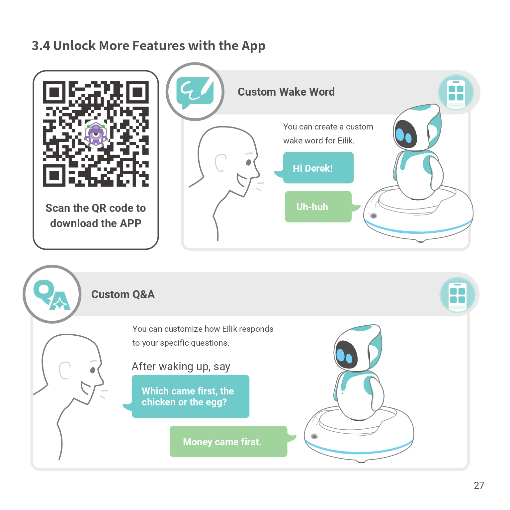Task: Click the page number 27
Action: (479, 485)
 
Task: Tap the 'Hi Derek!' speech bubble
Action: (318, 168)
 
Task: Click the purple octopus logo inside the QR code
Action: (96, 134)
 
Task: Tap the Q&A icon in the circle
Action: (52, 294)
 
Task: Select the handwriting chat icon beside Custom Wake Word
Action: (195, 92)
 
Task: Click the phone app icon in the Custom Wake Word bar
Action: (456, 93)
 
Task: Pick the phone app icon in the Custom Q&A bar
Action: (458, 295)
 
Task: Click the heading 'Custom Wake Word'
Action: (286, 92)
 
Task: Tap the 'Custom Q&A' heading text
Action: (123, 295)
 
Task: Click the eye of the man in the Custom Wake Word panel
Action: (248, 162)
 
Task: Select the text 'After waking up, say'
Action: (181, 367)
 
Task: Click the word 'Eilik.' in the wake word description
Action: (346, 141)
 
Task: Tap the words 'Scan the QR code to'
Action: (96, 208)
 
